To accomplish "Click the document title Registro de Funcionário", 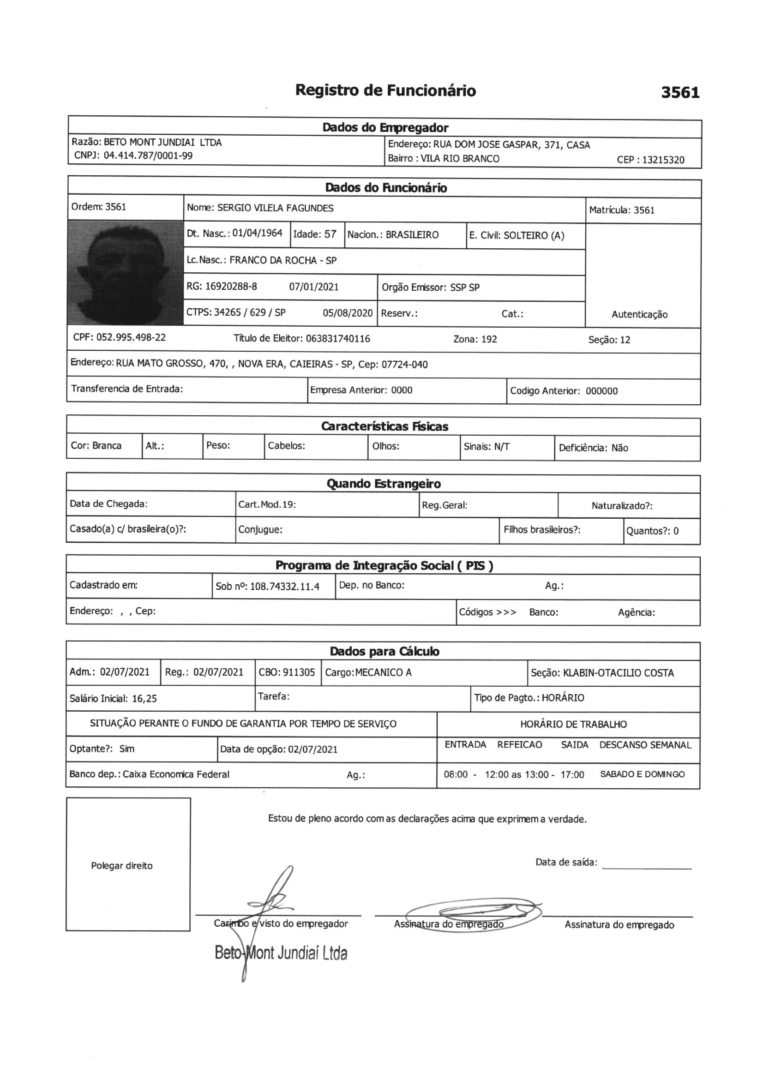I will [385, 90].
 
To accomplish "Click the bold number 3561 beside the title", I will [680, 93].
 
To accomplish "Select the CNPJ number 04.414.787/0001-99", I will [148, 156].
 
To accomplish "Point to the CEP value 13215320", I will [663, 160].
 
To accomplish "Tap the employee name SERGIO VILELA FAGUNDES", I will [275, 208].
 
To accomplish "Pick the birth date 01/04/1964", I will [257, 234].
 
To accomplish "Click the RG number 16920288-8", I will [231, 286].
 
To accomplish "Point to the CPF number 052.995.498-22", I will [131, 337].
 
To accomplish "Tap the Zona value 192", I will [489, 339].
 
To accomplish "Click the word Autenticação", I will [639, 314].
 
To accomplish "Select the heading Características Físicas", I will [385, 426].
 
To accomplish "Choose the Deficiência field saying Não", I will [619, 448].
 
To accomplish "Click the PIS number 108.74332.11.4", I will [284, 587].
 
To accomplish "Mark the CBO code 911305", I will [299, 672].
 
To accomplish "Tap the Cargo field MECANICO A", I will [383, 672].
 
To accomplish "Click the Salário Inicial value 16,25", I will [144, 698].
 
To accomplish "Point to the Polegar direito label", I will [122, 866].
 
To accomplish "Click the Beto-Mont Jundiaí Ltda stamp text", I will [281, 953].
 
